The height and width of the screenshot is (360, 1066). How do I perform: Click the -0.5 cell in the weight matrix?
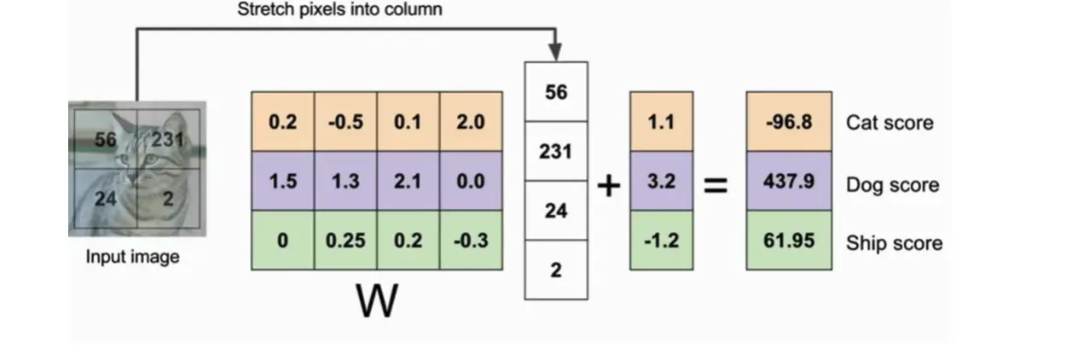[x=345, y=122]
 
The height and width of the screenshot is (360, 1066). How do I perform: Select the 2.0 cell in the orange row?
[x=471, y=122]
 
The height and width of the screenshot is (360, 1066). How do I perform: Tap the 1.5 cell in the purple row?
[x=282, y=182]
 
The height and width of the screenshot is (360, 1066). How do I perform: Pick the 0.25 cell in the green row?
[x=345, y=241]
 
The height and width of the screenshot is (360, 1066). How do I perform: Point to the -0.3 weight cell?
[x=471, y=241]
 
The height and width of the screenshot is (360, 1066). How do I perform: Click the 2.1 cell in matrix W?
[x=408, y=182]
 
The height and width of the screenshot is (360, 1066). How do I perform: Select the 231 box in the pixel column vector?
[x=556, y=151]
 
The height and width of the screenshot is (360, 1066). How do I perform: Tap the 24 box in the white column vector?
[x=556, y=210]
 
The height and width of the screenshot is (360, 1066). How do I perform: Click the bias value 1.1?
[x=661, y=122]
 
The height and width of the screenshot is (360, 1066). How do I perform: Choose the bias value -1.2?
[x=661, y=241]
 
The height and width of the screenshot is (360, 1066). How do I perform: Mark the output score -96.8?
[x=789, y=122]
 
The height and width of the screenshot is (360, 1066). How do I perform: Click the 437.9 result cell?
[x=789, y=182]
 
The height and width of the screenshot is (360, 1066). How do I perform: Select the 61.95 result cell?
[x=789, y=241]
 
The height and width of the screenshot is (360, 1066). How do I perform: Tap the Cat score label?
[x=889, y=123]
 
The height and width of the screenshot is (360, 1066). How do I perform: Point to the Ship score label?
[x=894, y=243]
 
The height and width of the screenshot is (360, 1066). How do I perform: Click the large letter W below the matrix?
[x=376, y=301]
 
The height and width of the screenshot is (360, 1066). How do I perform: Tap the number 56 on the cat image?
[x=106, y=139]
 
